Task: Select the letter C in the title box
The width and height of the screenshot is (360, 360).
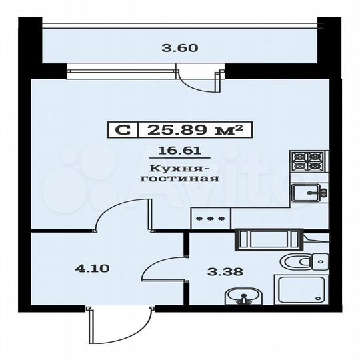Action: (122, 130)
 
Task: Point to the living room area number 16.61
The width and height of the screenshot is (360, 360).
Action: (175, 152)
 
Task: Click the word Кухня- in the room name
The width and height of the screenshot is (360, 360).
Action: (175, 168)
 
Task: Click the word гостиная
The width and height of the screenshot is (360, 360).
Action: (175, 179)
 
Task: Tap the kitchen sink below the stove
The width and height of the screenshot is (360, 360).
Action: (308, 193)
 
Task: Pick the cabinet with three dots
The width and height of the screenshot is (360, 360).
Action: (211, 217)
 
